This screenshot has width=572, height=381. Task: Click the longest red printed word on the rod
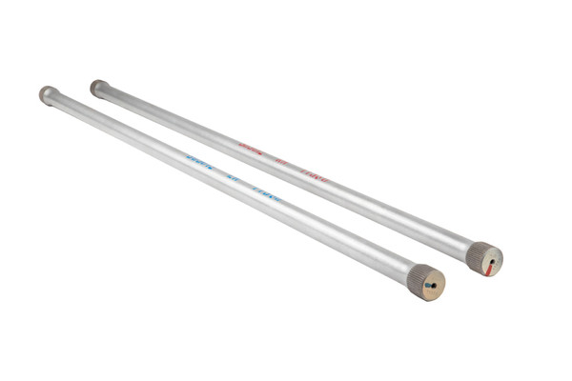point(251,149)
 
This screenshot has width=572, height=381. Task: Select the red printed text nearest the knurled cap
point(316,176)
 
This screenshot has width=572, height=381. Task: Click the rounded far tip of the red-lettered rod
point(97,88)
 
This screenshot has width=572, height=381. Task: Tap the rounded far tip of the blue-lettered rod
point(45,93)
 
